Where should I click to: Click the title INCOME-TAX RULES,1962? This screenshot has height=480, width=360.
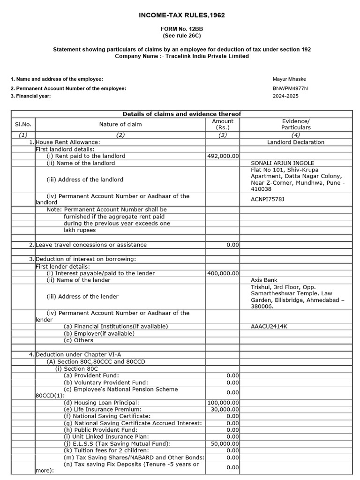tap(182, 15)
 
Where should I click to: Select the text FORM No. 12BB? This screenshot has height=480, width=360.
tap(181, 29)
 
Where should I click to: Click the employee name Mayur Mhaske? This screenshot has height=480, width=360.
tap(289, 79)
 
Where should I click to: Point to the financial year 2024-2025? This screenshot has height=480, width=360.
tap(285, 96)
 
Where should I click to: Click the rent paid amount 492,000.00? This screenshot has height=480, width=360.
tap(223, 156)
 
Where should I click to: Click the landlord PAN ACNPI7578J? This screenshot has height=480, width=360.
tap(268, 199)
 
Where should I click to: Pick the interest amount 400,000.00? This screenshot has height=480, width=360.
tap(223, 273)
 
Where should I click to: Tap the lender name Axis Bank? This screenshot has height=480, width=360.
tap(264, 280)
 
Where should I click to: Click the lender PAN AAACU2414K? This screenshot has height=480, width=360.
tap(269, 326)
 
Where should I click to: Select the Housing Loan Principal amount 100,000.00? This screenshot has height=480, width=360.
tap(223, 403)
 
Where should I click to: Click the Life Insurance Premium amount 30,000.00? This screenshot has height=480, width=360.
tap(225, 409)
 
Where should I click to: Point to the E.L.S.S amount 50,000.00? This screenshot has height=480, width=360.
tap(225, 443)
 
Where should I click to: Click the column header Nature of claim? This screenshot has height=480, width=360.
tap(120, 124)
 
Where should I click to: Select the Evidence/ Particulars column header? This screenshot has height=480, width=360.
tap(296, 124)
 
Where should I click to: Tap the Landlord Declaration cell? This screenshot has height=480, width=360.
tap(296, 142)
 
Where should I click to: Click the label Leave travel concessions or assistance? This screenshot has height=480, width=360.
tap(91, 245)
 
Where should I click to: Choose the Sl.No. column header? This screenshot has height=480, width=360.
tap(23, 124)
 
